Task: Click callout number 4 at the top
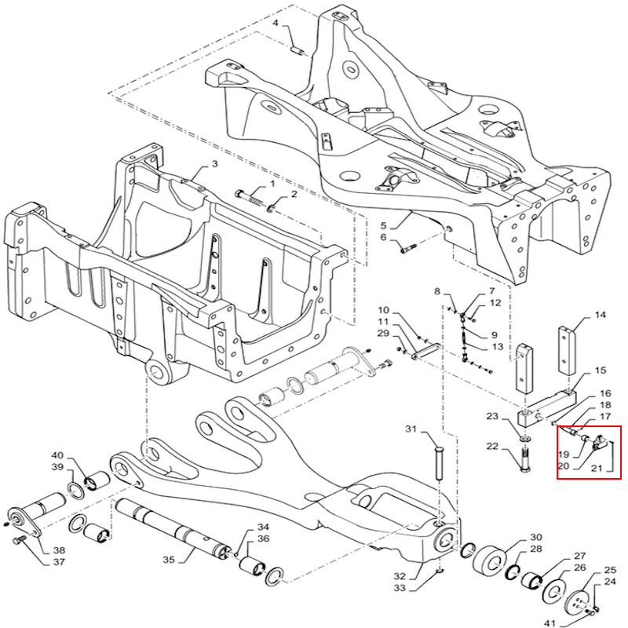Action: point(276,23)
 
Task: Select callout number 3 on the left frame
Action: point(214,166)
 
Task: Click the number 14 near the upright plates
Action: point(600,316)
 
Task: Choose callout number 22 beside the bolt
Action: point(492,447)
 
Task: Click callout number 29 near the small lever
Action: point(384,334)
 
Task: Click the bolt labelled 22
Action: point(524,457)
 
